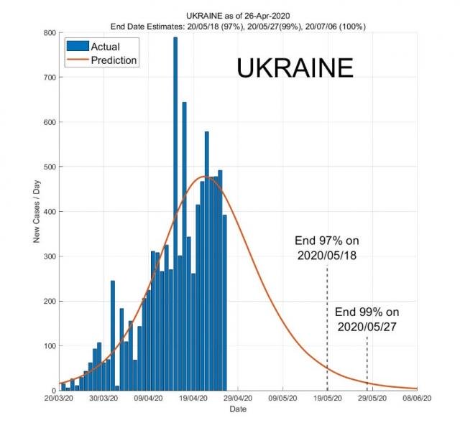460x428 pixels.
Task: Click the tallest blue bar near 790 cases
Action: [x=175, y=215]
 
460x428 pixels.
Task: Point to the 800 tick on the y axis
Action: [x=47, y=33]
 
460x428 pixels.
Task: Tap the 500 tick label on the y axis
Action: [x=47, y=167]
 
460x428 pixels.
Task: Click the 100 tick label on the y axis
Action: [x=47, y=346]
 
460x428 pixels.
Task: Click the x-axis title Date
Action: [x=237, y=409]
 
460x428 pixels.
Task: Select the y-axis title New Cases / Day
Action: [x=35, y=212]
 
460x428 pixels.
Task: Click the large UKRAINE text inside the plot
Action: [x=295, y=68]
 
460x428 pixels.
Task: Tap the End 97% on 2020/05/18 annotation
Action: [x=326, y=248]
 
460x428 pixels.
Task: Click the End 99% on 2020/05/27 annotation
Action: [x=367, y=319]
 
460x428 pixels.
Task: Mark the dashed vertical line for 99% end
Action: [x=367, y=363]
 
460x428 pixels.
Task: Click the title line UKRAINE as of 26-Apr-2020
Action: [x=236, y=15]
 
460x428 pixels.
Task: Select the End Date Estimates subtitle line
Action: [x=236, y=26]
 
